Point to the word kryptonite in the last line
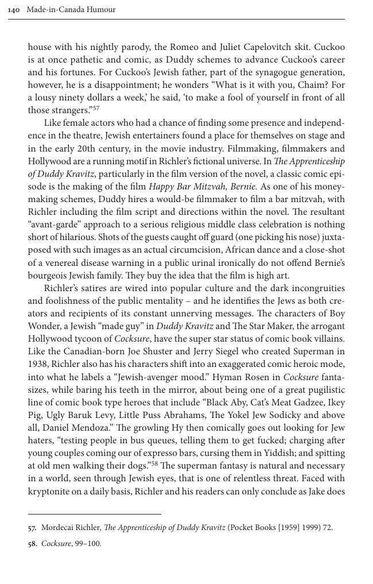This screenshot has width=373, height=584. point(50,490)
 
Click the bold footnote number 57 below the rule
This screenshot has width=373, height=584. point(32,527)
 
